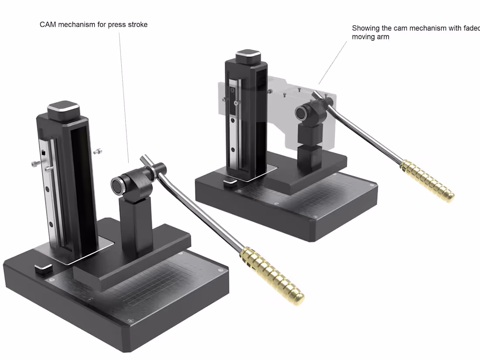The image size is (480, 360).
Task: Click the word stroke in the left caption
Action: (137, 24)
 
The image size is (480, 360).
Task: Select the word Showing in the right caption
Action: (365, 28)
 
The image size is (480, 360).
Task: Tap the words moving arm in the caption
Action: (370, 37)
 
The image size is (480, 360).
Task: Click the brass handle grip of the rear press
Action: (428, 181)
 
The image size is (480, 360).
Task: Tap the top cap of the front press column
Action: (63, 110)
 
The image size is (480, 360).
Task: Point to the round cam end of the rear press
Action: (301, 113)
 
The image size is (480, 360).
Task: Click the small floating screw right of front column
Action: (99, 152)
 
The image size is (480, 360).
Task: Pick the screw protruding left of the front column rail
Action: (36, 164)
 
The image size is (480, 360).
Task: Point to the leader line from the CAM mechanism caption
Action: (124, 96)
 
